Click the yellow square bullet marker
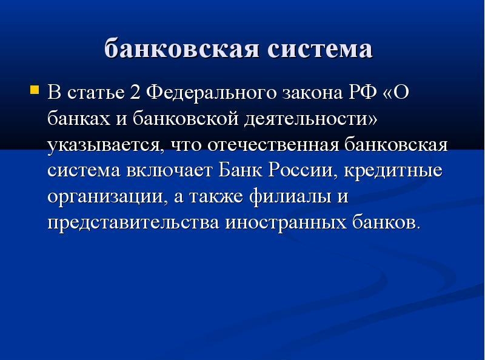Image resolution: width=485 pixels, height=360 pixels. coord(35,90)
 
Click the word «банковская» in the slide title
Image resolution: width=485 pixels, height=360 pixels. coord(181,48)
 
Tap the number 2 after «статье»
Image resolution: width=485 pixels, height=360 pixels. coord(135,92)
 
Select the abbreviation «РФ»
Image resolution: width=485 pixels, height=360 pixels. coord(363,92)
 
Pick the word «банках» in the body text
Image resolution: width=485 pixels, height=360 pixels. coord(79,118)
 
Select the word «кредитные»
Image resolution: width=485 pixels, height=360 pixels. coord(393,171)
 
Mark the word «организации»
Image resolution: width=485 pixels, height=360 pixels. coord(105,198)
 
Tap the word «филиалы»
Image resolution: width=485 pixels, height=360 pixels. coord(290,197)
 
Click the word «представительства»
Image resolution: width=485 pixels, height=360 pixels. coord(133,222)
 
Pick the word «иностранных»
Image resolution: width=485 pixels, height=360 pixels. coord(286,223)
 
